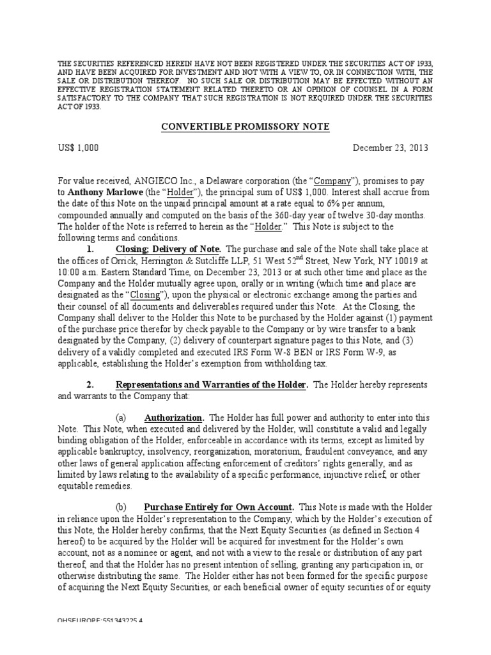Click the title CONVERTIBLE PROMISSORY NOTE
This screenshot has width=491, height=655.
point(244,127)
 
